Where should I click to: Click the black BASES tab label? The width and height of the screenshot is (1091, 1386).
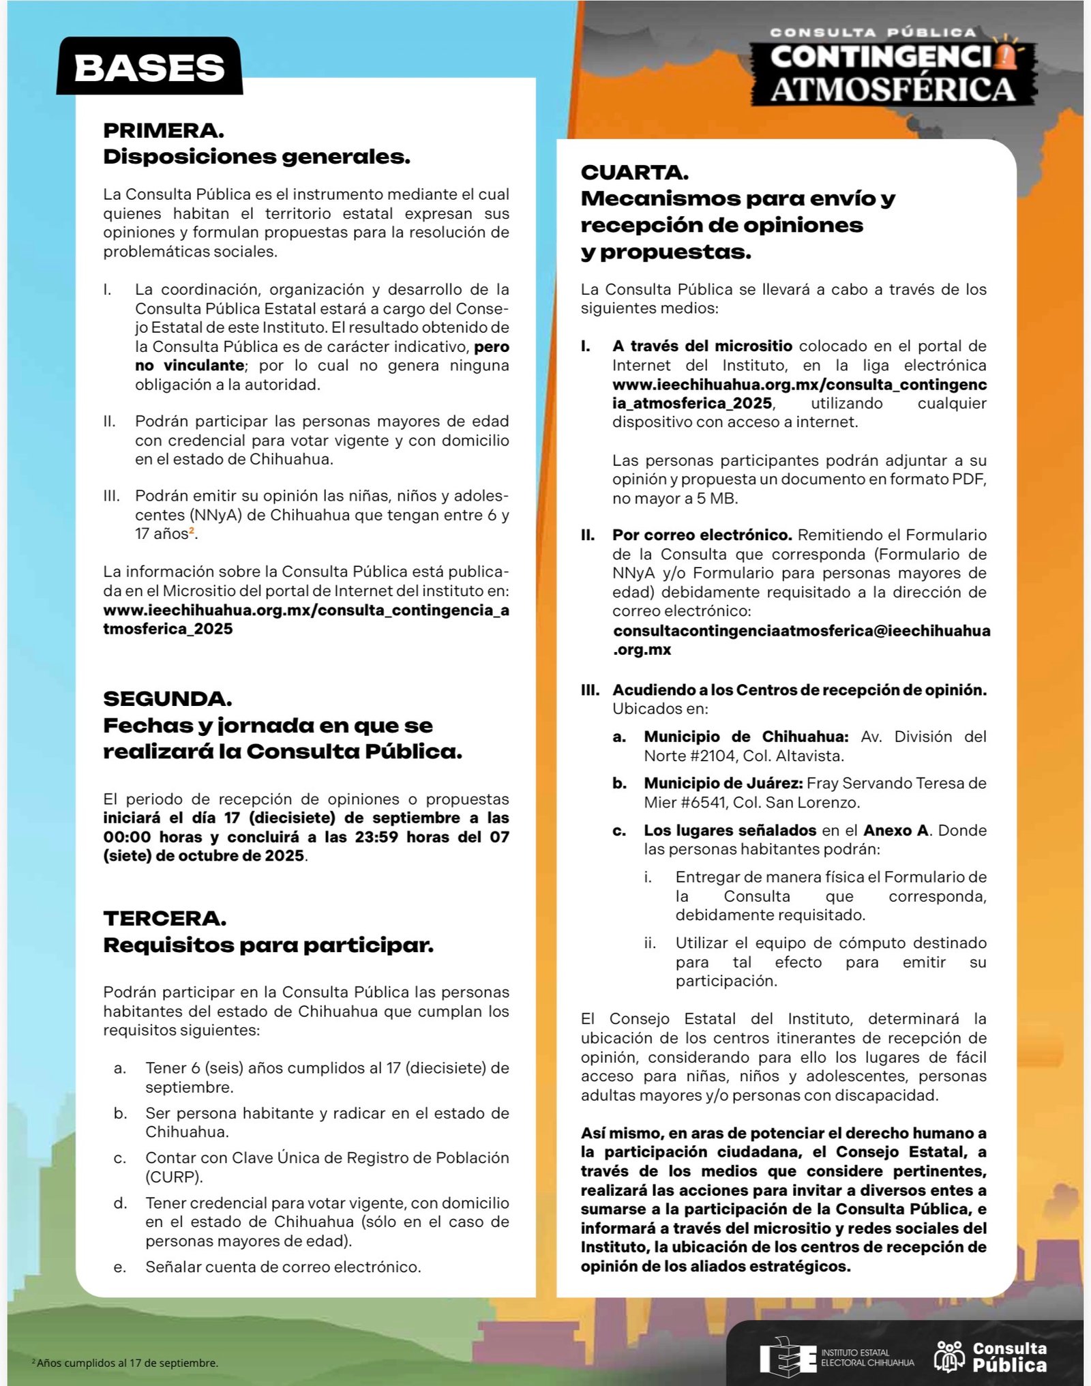[149, 68]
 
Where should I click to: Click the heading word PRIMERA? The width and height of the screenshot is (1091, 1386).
[164, 130]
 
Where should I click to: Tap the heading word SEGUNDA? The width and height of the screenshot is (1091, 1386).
[168, 698]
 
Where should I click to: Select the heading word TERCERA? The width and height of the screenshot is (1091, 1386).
[165, 918]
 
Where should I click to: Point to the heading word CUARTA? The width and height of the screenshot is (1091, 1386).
[635, 172]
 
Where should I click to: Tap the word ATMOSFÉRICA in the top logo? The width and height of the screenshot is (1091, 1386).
[893, 89]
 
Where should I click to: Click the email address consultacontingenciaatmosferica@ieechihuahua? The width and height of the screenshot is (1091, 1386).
[801, 631]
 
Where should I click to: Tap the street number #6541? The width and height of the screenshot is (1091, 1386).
[698, 802]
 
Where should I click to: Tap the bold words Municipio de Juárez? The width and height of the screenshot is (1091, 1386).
[723, 783]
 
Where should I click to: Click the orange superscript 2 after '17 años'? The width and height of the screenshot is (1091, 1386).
[192, 530]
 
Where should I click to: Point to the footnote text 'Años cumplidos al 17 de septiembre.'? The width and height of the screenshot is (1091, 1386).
[127, 1363]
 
